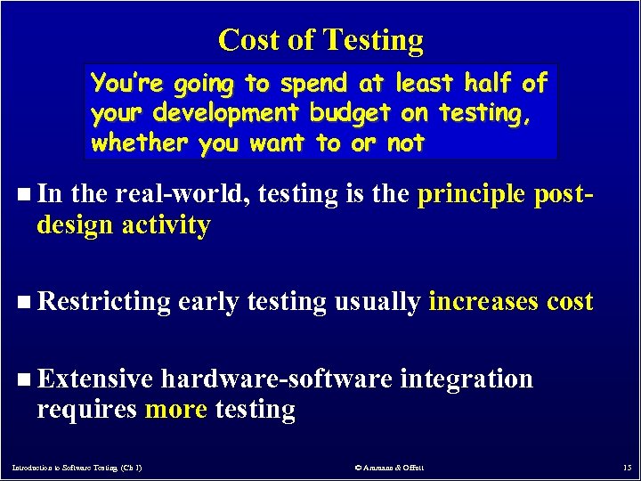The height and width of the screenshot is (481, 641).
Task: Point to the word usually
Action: point(377,302)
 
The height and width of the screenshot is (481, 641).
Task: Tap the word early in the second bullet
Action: point(209,302)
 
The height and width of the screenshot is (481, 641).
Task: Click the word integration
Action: point(467,379)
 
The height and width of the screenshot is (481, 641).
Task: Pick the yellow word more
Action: point(174,409)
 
